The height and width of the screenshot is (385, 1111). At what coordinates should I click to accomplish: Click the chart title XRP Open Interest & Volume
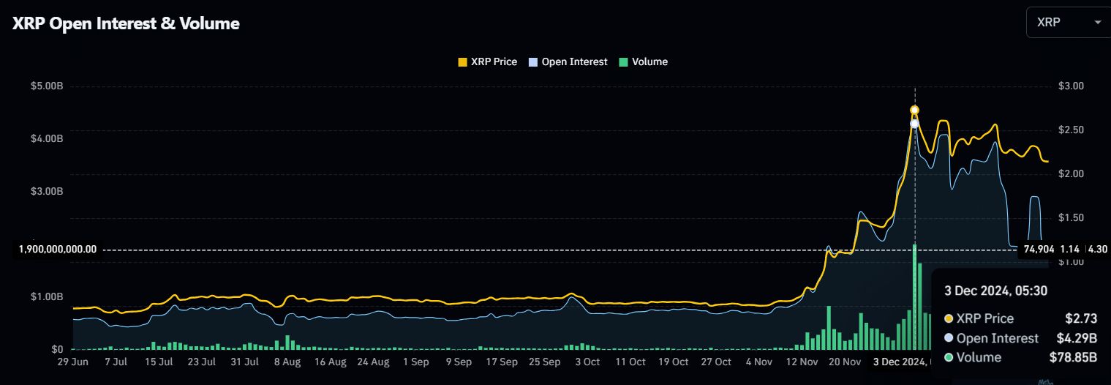click(126, 23)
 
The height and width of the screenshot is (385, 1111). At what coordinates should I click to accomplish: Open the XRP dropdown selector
click(1068, 23)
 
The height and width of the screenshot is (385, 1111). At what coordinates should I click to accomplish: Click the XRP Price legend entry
click(487, 62)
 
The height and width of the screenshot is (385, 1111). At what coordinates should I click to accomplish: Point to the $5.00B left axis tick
click(47, 86)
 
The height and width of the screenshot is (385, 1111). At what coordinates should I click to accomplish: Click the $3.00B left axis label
click(47, 192)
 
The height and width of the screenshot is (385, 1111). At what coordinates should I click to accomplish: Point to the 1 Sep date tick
click(415, 362)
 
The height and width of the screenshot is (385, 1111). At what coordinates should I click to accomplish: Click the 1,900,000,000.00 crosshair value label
click(57, 249)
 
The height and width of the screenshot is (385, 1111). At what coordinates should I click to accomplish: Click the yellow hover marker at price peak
click(914, 111)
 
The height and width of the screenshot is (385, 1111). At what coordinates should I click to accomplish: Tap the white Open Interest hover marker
click(914, 124)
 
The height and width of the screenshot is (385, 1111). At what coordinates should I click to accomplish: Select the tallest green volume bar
click(914, 296)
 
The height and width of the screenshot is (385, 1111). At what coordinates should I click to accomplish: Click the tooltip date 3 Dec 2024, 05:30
click(995, 291)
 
